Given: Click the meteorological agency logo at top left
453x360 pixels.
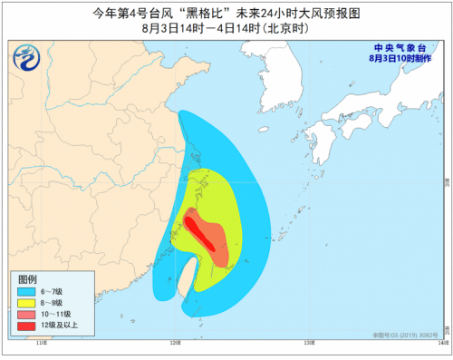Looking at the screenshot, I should [x=30, y=60].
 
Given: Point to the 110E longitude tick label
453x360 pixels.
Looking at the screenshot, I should [x=41, y=344].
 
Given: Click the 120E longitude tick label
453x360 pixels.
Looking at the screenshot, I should [x=175, y=344].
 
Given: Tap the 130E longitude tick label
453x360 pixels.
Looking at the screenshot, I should [x=309, y=344].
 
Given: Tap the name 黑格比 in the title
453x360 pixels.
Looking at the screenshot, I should [x=171, y=13].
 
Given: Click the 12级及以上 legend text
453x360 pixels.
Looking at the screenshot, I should [x=59, y=326].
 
